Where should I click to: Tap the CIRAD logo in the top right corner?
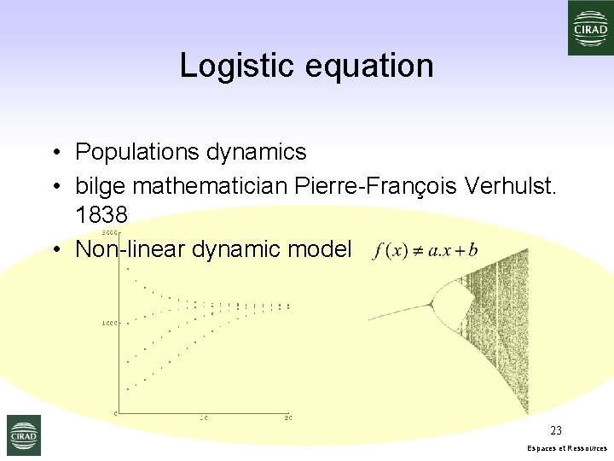[590, 27]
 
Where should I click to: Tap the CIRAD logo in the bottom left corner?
[23, 435]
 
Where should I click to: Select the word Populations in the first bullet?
[137, 152]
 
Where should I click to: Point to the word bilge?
[101, 184]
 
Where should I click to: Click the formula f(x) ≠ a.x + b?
[426, 250]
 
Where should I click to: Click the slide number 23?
[556, 430]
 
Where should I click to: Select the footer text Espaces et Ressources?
[567, 448]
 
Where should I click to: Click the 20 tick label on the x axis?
[288, 417]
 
